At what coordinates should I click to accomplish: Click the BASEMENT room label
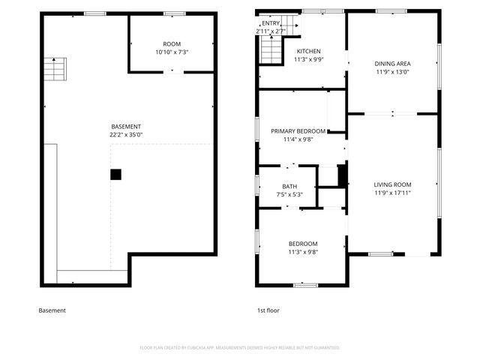[x=126, y=126]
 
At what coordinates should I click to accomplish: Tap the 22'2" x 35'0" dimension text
[x=126, y=135]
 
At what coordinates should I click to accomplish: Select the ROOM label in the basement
[x=172, y=44]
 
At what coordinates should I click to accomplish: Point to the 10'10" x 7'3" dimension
[x=172, y=52]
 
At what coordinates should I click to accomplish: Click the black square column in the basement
[x=115, y=174]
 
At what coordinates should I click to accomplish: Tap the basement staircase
[x=55, y=70]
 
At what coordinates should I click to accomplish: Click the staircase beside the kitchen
[x=270, y=52]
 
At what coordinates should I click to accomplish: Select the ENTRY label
[x=270, y=23]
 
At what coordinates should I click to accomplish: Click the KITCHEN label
[x=287, y=51]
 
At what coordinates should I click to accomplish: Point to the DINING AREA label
[x=392, y=64]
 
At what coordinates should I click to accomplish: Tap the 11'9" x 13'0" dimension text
[x=392, y=73]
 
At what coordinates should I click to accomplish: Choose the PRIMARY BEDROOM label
[x=298, y=130]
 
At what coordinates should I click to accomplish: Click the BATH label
[x=289, y=187]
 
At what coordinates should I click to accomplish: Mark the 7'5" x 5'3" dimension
[x=289, y=195]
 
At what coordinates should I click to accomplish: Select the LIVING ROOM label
[x=393, y=184]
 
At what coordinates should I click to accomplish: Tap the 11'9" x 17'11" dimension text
[x=393, y=193]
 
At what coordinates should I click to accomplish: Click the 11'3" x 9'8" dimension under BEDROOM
[x=303, y=252]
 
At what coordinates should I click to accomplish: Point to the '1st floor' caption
[x=268, y=310]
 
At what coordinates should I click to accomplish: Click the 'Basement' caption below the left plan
[x=52, y=310]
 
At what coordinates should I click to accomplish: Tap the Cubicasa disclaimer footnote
[x=240, y=347]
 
